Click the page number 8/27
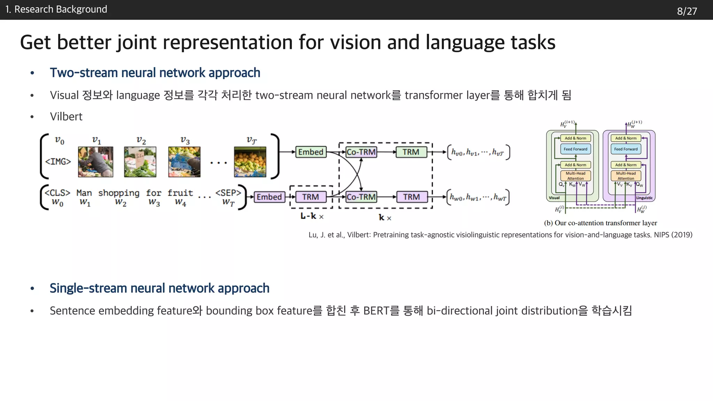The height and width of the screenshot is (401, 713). click(687, 11)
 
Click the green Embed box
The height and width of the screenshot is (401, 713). click(311, 152)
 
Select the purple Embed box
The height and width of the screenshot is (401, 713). click(269, 197)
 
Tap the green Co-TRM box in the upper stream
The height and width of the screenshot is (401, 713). click(361, 152)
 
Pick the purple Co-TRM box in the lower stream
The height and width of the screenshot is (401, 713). click(361, 197)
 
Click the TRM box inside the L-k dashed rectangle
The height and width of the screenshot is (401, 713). click(311, 197)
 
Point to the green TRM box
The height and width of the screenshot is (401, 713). click(411, 152)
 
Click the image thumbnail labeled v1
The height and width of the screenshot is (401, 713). click(96, 162)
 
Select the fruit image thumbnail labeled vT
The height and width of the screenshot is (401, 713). click(250, 162)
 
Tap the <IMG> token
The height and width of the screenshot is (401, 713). click(58, 162)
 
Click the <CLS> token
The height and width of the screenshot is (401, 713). click(57, 193)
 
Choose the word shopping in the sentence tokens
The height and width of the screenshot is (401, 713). click(119, 193)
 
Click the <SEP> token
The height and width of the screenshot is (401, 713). click(228, 193)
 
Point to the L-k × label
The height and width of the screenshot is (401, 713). click(312, 216)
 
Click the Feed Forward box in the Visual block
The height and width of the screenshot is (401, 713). click(575, 149)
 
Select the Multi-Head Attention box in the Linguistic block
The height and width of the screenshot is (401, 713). click(626, 176)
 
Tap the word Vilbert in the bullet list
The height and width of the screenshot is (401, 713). click(66, 117)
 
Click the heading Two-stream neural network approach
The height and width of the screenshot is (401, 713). click(155, 73)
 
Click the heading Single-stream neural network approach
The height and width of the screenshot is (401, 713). click(159, 288)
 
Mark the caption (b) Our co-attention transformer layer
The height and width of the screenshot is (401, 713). click(600, 223)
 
